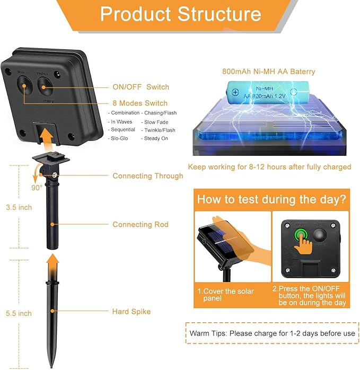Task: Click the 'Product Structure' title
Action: tap(180, 14)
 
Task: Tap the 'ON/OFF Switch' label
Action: tap(141, 87)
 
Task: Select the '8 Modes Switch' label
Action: tap(139, 103)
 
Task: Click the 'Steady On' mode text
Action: tap(155, 138)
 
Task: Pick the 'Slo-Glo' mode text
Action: tap(119, 138)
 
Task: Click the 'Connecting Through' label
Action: tap(147, 176)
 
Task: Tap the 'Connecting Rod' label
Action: tap(140, 225)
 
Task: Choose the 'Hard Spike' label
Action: tap(131, 312)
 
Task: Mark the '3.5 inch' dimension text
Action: tap(19, 207)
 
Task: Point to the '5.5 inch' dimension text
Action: tap(19, 313)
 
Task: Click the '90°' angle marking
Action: tap(37, 187)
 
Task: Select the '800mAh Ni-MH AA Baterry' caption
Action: tap(268, 72)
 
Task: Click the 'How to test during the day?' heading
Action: tap(272, 200)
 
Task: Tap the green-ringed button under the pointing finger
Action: tap(300, 234)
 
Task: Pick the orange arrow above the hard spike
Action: tap(51, 265)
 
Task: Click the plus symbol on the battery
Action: tap(235, 92)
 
